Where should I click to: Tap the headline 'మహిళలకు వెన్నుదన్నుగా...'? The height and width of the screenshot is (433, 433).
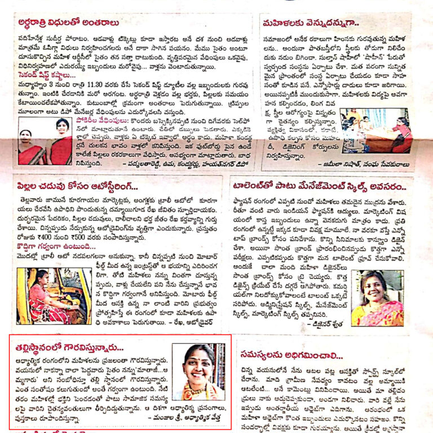[307, 23]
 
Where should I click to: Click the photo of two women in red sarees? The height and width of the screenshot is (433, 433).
[45, 141]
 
